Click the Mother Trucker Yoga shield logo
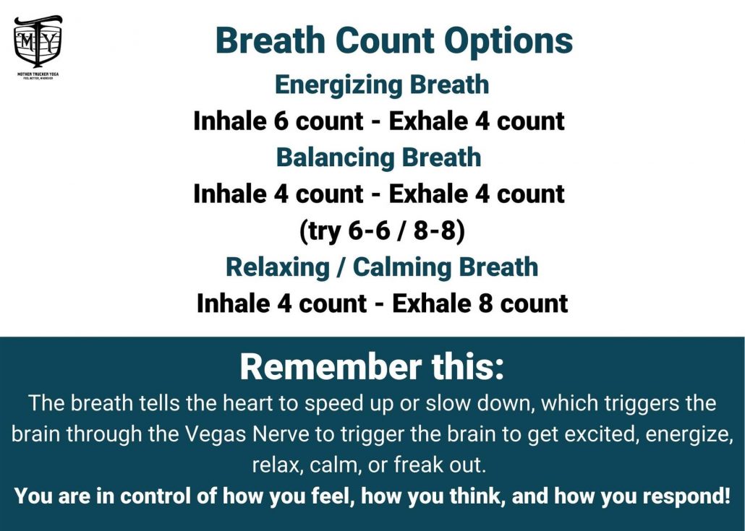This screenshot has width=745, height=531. tap(38, 41)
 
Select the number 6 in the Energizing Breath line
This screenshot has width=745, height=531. tap(281, 121)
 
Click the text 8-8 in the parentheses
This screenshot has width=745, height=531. tap(435, 230)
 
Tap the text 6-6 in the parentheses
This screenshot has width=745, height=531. tap(369, 230)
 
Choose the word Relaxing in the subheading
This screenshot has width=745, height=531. tap(278, 267)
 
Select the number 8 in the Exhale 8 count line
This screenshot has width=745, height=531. tap(485, 303)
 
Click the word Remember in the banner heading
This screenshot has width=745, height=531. tap(331, 367)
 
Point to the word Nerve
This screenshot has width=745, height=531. tap(282, 434)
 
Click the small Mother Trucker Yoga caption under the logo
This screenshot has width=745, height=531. tap(38, 74)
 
